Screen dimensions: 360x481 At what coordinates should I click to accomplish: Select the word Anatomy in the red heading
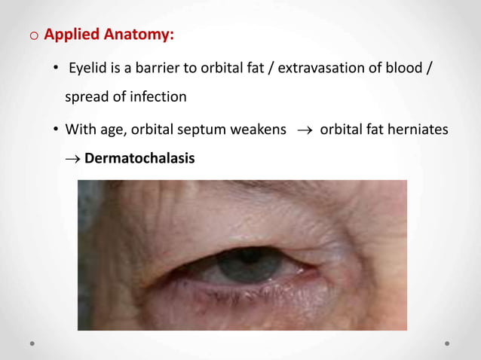point(142,35)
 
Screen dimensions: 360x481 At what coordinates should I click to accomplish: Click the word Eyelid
point(87,70)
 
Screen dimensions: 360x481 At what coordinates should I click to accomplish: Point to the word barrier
point(152,70)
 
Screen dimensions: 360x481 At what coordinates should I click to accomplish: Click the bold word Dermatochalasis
point(139,158)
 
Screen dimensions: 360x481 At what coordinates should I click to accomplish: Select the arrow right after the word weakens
point(303,130)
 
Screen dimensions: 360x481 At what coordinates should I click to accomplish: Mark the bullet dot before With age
point(56,130)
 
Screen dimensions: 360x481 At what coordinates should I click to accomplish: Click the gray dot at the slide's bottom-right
point(447,343)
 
